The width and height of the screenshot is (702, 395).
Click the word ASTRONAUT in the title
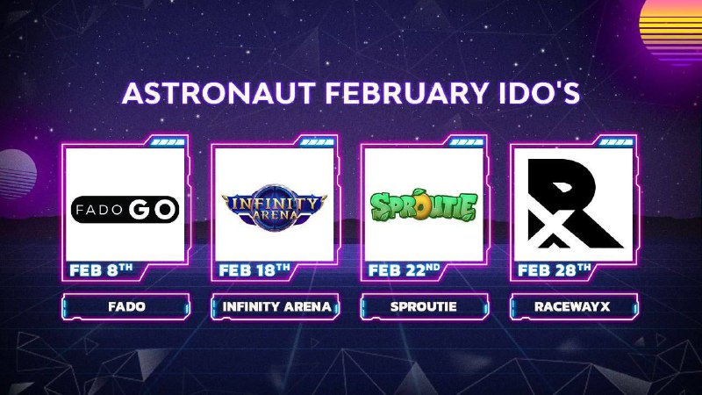tap(218, 93)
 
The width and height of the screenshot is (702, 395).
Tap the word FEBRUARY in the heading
tap(406, 93)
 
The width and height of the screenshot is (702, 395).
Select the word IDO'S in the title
tap(538, 93)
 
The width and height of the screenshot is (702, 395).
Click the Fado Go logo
tap(125, 209)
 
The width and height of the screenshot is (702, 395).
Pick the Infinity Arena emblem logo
tap(275, 207)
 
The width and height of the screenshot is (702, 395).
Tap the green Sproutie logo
tap(424, 206)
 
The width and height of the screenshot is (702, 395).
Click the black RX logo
tap(575, 204)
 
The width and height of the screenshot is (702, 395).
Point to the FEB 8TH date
tap(101, 270)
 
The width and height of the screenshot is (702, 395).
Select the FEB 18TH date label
tap(254, 270)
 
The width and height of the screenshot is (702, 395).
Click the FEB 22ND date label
tap(404, 270)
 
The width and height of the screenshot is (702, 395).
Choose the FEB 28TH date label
tap(555, 270)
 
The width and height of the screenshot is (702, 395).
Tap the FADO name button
tap(125, 306)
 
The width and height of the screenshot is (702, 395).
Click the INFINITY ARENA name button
tap(276, 306)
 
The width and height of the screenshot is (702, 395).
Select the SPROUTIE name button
tap(425, 306)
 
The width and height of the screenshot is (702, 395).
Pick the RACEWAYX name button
tap(574, 306)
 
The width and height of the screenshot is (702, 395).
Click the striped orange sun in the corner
tap(671, 31)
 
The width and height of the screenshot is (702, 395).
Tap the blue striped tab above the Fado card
tap(168, 142)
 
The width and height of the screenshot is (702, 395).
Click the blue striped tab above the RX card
tap(616, 142)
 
